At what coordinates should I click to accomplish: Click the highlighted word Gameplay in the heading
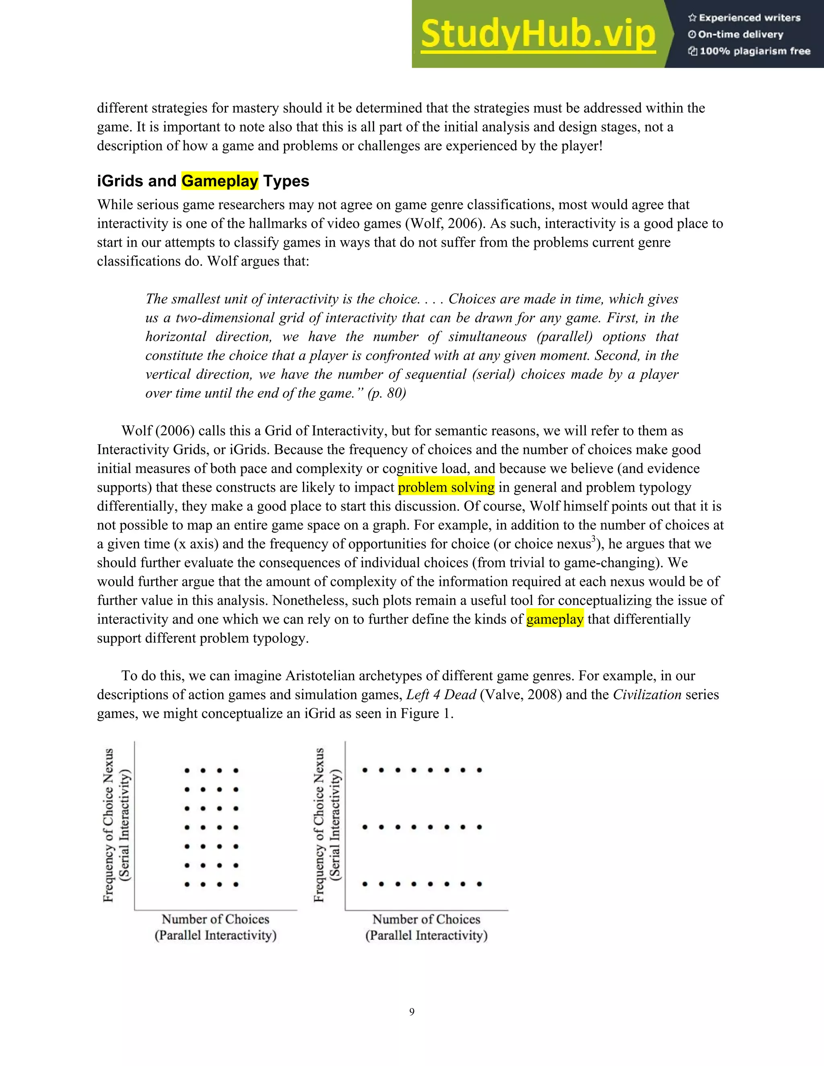(220, 181)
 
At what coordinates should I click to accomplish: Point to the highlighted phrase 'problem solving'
(446, 487)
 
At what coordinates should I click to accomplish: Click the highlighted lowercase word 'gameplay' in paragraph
(554, 619)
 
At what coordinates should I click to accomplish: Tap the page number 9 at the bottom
(412, 1012)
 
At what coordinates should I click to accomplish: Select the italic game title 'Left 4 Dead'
(441, 695)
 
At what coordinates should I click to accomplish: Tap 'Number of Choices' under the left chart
(215, 919)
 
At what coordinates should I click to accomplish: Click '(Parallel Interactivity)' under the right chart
(426, 935)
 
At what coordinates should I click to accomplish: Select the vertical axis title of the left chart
(108, 825)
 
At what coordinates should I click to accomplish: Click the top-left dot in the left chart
(187, 771)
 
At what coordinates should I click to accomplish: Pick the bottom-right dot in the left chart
(236, 884)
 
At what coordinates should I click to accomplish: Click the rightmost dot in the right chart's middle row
(479, 827)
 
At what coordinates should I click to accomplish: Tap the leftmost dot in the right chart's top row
(365, 770)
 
